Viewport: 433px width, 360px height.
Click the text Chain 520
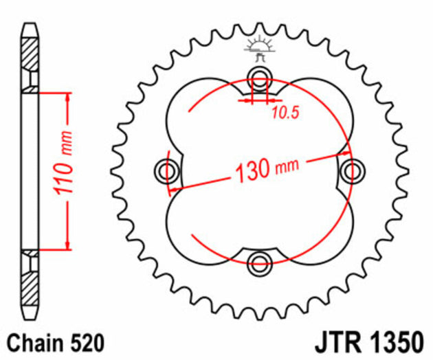pos(46,342)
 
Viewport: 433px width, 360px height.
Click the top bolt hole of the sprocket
pos(260,76)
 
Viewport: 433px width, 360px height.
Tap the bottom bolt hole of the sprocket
pos(260,260)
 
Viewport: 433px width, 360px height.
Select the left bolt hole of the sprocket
pos(168,168)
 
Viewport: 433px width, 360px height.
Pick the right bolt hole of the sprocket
pos(352,168)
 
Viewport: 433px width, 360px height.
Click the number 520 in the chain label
pos(73,342)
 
